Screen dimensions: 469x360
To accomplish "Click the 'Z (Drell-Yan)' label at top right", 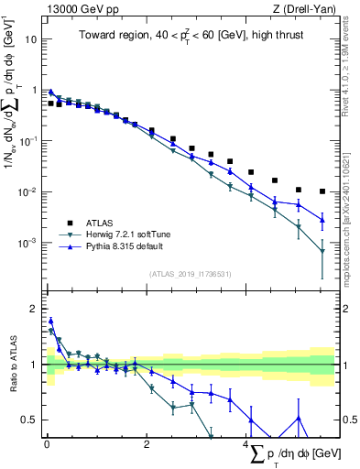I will (301, 8).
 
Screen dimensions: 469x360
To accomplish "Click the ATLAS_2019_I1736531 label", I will (189, 273).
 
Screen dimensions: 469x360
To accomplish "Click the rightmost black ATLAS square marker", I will (322, 191).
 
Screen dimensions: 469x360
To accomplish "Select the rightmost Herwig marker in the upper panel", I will (322, 252).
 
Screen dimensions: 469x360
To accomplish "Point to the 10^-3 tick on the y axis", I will (27, 243).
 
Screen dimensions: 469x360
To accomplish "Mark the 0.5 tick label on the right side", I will (348, 420).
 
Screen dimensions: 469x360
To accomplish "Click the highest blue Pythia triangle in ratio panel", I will (50, 321).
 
